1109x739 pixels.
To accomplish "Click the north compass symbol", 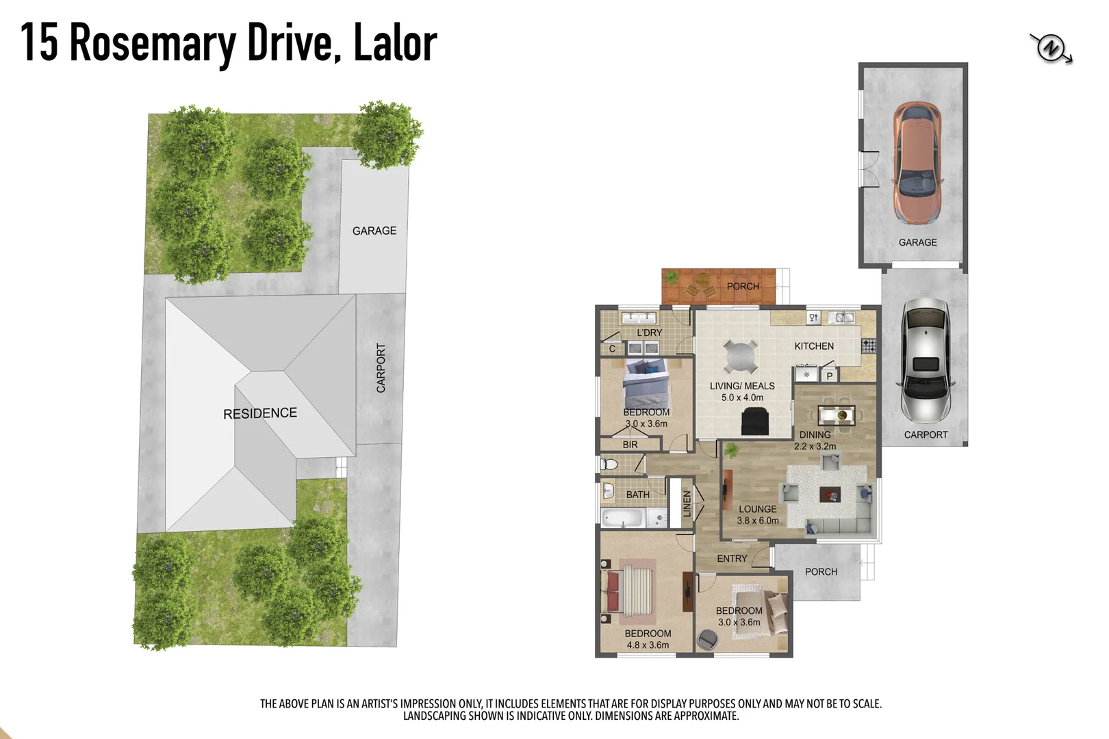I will (x=1050, y=49).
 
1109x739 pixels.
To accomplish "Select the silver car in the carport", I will (x=925, y=360).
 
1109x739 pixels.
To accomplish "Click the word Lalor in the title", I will (x=395, y=42).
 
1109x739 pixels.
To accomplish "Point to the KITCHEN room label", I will (x=814, y=346).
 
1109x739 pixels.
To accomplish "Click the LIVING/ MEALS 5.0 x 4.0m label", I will (x=742, y=391).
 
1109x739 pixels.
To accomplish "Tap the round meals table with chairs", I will (x=740, y=356).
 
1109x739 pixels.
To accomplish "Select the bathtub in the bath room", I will (x=623, y=518).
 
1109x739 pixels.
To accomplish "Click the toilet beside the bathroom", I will (x=609, y=464).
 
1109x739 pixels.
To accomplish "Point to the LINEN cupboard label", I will (x=687, y=504).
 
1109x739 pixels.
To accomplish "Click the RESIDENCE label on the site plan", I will (x=260, y=413).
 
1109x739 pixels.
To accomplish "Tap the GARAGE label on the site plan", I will (x=374, y=231).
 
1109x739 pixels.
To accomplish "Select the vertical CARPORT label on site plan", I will (x=381, y=368).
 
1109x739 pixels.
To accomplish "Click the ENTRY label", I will (x=732, y=558).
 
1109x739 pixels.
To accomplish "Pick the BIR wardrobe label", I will (x=630, y=445).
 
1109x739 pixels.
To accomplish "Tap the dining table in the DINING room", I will (x=836, y=415).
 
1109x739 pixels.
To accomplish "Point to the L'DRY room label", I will (x=649, y=333).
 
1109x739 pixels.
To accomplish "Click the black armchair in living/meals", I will (x=756, y=422).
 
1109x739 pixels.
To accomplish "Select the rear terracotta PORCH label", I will (x=743, y=286).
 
